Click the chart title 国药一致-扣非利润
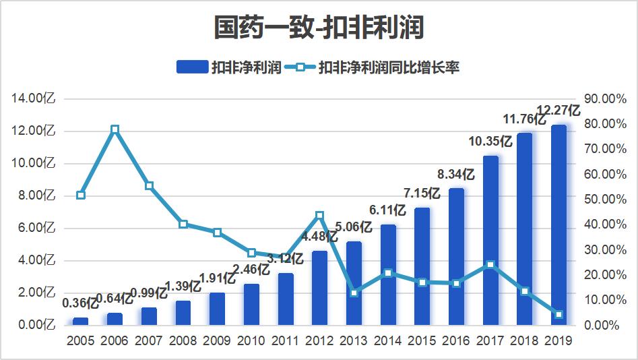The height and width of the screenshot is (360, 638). pyautogui.click(x=319, y=28)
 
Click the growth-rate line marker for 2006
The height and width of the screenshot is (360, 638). pyautogui.click(x=115, y=129)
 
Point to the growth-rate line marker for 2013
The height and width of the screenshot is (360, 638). pyautogui.click(x=354, y=293)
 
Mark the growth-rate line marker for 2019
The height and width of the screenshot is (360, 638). pyautogui.click(x=559, y=314)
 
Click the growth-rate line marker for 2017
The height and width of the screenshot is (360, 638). pyautogui.click(x=490, y=265)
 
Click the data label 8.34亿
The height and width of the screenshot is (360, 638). pyautogui.click(x=456, y=175)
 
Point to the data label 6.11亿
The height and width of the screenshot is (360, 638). pyautogui.click(x=387, y=210)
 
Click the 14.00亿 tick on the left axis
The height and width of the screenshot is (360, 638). pyautogui.click(x=34, y=98)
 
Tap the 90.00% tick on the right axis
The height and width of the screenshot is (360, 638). pyautogui.click(x=600, y=98)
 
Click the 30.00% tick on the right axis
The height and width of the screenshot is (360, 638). pyautogui.click(x=600, y=249)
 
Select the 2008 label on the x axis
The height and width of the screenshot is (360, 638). pyautogui.click(x=183, y=340)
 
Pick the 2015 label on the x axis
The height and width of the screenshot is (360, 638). pyautogui.click(x=422, y=340)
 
